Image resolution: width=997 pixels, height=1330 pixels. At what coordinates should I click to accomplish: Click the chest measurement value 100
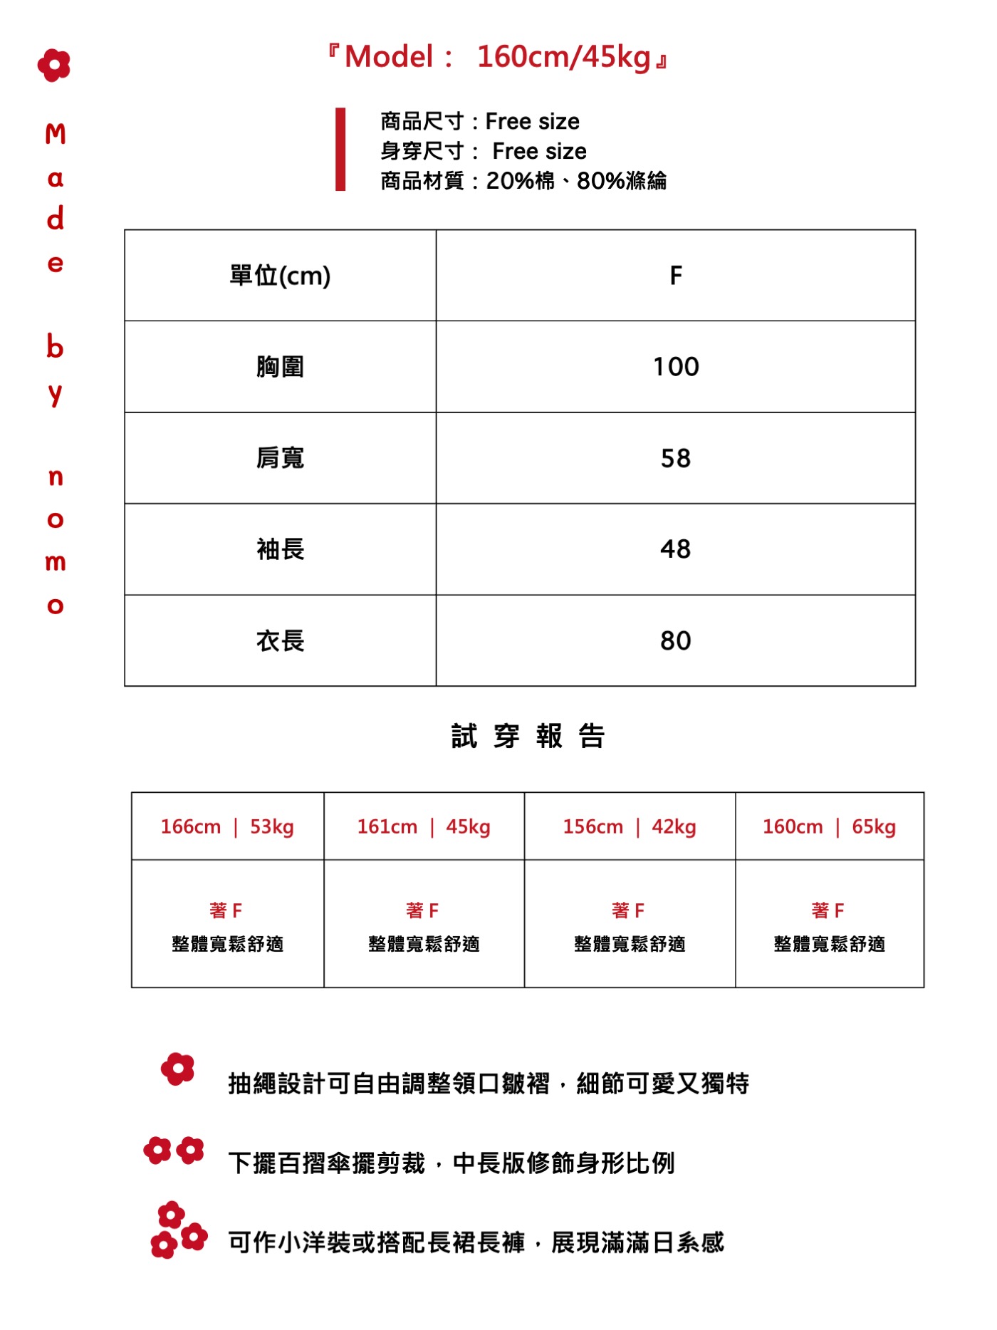[x=675, y=367]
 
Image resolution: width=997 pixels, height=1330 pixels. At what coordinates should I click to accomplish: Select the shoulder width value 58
[x=675, y=458]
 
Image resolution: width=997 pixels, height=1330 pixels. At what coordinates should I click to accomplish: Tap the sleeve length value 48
[x=675, y=549]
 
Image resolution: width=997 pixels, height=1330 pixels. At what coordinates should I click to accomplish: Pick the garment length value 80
[x=675, y=640]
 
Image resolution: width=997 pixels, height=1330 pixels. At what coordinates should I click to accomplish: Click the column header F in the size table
[x=675, y=275]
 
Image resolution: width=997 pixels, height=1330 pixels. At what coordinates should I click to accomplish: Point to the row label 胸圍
[x=280, y=367]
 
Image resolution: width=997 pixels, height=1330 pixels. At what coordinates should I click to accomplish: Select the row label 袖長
[x=280, y=549]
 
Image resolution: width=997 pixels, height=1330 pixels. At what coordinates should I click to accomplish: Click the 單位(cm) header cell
[x=280, y=275]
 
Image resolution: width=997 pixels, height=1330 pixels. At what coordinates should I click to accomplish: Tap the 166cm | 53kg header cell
[x=227, y=826]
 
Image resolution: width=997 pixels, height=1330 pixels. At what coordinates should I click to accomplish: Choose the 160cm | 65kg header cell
[x=829, y=826]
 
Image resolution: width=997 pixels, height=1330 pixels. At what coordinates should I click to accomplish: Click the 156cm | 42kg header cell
[x=630, y=826]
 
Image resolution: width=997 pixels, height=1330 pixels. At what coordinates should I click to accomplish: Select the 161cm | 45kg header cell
[x=424, y=826]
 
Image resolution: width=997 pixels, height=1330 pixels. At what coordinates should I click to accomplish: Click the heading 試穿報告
[x=528, y=736]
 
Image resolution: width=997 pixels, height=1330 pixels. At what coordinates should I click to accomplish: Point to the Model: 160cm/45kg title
[x=498, y=57]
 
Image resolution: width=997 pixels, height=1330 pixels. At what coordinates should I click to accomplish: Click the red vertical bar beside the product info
[x=340, y=149]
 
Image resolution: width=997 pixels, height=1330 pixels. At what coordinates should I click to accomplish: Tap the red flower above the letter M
[x=54, y=65]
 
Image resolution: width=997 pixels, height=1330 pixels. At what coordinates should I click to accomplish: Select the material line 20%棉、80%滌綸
[x=523, y=181]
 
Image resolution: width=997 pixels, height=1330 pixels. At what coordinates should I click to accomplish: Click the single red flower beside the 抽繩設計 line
[x=177, y=1069]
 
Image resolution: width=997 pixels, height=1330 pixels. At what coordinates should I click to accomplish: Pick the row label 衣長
[x=280, y=640]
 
